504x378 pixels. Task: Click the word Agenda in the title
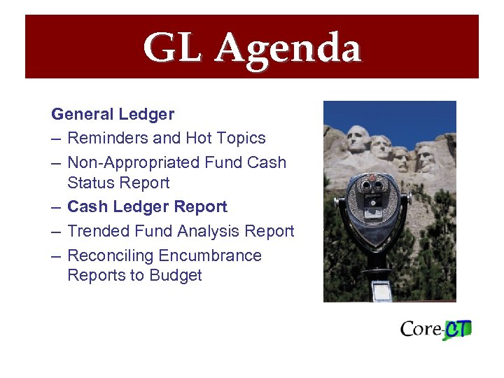click(x=288, y=49)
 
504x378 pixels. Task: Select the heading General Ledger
click(x=113, y=113)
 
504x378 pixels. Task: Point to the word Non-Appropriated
click(x=133, y=162)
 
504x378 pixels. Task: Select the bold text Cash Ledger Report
click(x=147, y=207)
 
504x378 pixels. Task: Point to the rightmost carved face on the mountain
click(x=425, y=157)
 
